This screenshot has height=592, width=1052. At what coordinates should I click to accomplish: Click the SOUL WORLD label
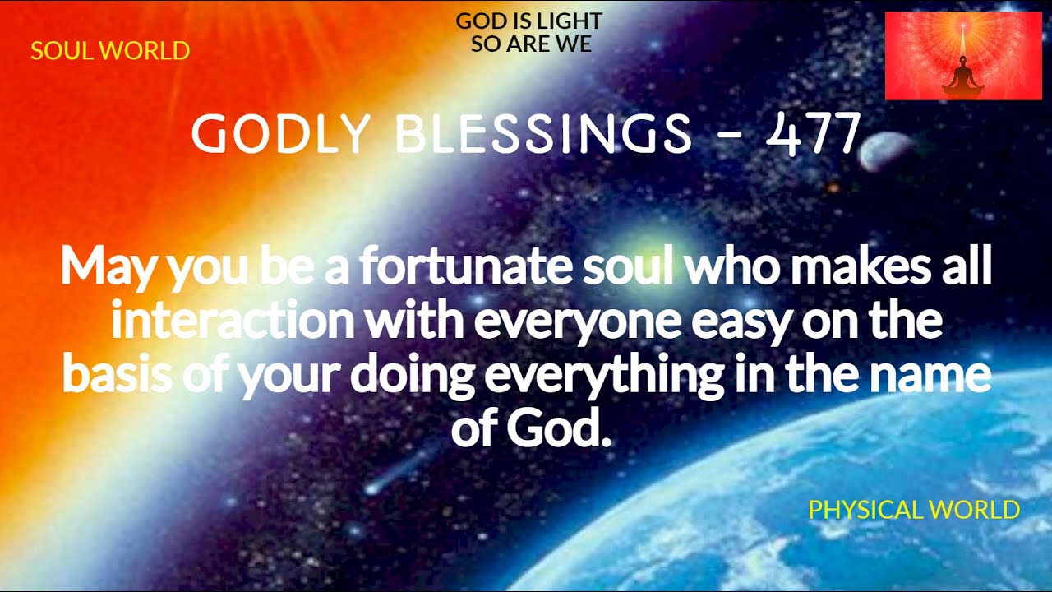coord(110,51)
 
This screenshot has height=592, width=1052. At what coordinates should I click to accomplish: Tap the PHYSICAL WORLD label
coord(914,510)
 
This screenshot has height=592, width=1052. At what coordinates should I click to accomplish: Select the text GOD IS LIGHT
coord(529,21)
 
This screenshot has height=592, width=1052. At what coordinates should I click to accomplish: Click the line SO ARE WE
coord(531,44)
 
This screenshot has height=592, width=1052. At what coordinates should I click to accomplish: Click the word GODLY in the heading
coord(279,134)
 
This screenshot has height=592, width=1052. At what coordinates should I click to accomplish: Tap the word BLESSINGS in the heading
coord(544,134)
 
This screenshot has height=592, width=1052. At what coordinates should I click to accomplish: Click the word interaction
coord(233,321)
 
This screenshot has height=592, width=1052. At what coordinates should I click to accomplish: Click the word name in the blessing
coord(939,374)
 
